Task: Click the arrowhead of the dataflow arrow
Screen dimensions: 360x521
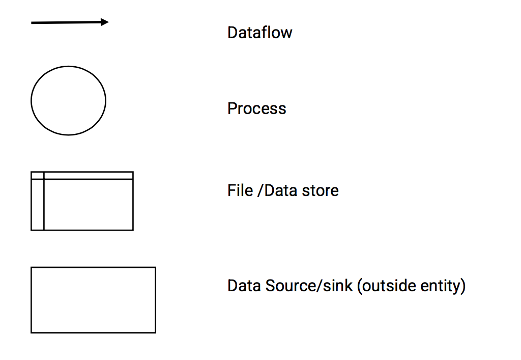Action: click(104, 22)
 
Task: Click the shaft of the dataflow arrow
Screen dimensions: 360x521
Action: click(66, 22)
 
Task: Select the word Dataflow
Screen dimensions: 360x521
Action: click(259, 33)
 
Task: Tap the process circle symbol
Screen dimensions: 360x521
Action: click(68, 100)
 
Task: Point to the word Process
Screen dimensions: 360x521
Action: click(256, 108)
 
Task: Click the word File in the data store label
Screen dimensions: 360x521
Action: click(239, 190)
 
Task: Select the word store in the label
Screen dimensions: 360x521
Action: click(320, 190)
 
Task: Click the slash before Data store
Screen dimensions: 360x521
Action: click(261, 191)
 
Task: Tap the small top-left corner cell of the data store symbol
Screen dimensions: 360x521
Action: click(37, 175)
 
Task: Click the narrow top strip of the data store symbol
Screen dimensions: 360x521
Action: click(88, 175)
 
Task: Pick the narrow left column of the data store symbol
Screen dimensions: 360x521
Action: click(37, 204)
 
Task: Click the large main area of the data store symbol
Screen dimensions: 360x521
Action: click(88, 204)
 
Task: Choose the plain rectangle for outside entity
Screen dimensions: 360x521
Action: click(93, 300)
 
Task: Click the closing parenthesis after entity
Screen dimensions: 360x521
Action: click(463, 286)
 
